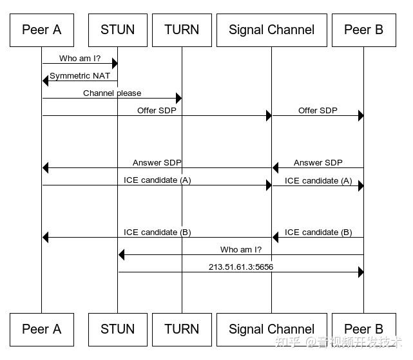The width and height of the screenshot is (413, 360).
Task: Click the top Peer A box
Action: (x=41, y=30)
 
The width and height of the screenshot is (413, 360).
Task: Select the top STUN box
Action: (x=117, y=30)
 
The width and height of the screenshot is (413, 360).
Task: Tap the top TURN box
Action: (x=182, y=30)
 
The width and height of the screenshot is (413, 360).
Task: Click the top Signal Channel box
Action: (x=271, y=30)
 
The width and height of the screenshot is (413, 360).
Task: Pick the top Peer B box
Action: (x=363, y=30)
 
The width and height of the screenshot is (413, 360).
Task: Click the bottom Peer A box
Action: (x=41, y=329)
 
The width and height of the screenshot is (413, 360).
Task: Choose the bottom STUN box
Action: (x=117, y=329)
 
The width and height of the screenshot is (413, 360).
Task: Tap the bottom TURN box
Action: (x=182, y=329)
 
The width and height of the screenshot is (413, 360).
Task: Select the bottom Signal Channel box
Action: (x=271, y=329)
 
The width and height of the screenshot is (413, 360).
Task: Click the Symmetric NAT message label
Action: (x=80, y=76)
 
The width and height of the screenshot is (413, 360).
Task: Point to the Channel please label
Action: (x=112, y=93)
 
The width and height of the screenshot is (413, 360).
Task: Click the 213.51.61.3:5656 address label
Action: (x=241, y=267)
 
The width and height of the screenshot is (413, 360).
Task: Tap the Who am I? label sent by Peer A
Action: (x=80, y=59)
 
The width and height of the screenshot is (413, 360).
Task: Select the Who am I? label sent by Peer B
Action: (x=241, y=249)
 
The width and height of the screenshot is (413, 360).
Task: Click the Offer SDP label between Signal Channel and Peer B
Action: (x=318, y=111)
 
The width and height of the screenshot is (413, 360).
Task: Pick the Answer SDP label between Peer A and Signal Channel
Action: (x=157, y=163)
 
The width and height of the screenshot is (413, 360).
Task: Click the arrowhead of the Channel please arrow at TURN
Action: (x=178, y=99)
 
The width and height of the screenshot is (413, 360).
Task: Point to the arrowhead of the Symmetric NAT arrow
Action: (x=46, y=81)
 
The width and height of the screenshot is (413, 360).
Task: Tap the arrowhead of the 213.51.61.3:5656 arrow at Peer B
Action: (x=360, y=272)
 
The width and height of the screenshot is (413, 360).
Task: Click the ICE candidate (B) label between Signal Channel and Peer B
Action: (x=318, y=232)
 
